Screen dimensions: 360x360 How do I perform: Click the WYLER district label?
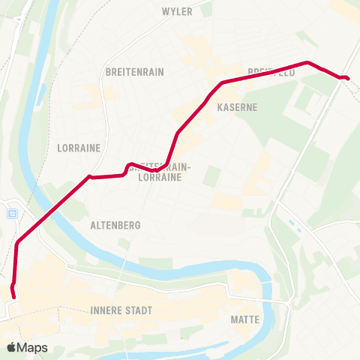point(178,11)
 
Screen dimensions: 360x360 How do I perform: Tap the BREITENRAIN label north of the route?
point(135,72)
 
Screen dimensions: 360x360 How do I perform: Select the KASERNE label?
point(237,107)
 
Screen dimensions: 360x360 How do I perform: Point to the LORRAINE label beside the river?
point(78,148)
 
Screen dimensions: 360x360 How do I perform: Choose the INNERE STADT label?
point(121,310)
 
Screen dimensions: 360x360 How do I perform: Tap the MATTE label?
point(245,319)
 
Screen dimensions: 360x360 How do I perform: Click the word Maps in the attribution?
point(32,347)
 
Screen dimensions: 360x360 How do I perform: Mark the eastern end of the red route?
point(348,78)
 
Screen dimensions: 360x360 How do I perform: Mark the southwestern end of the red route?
point(15,298)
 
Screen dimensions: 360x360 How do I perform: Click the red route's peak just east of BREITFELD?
point(307,62)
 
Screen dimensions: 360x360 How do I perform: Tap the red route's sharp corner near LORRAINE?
point(90,177)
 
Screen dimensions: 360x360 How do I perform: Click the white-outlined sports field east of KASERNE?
point(305,98)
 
